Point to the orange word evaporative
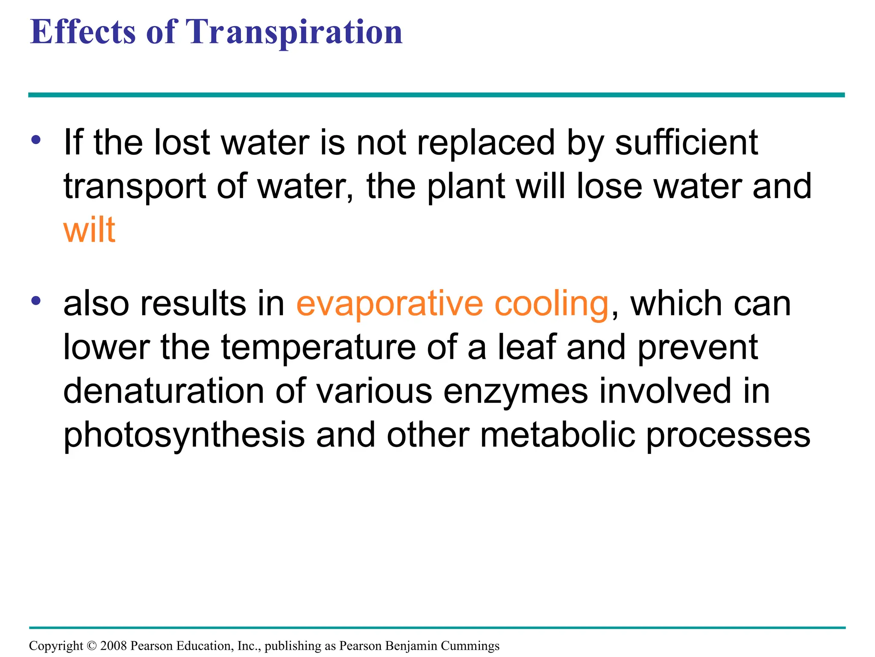coord(390,303)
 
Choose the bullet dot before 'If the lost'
coord(36,140)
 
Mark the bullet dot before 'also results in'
coord(36,301)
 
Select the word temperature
coord(318,348)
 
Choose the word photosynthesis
coord(184,435)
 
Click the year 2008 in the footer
coord(113,645)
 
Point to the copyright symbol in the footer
coord(91,645)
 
